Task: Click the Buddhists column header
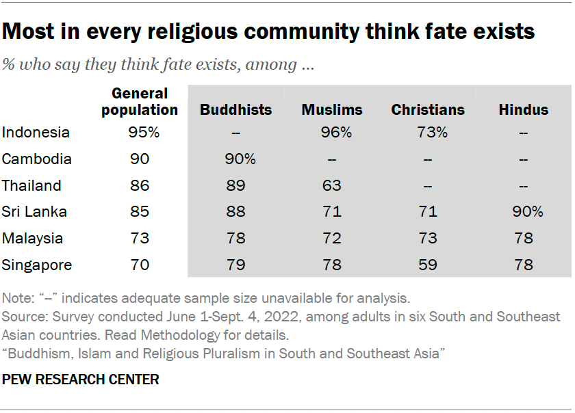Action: pos(235,110)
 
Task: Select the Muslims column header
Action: pos(332,110)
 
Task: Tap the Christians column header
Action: pos(428,110)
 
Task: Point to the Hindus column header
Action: pos(524,110)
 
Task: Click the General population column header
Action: pos(140,101)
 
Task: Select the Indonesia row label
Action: pos(36,133)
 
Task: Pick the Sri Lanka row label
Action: pos(34,212)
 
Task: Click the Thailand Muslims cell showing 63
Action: pos(332,185)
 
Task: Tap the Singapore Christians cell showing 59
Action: pos(428,265)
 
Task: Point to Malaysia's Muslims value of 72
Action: pos(332,239)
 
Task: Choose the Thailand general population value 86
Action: pos(140,185)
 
